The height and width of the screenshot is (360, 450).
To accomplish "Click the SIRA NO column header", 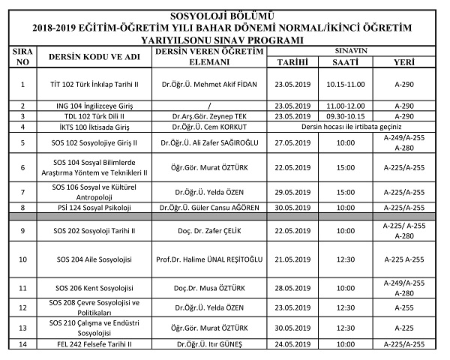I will tap(22, 57).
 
